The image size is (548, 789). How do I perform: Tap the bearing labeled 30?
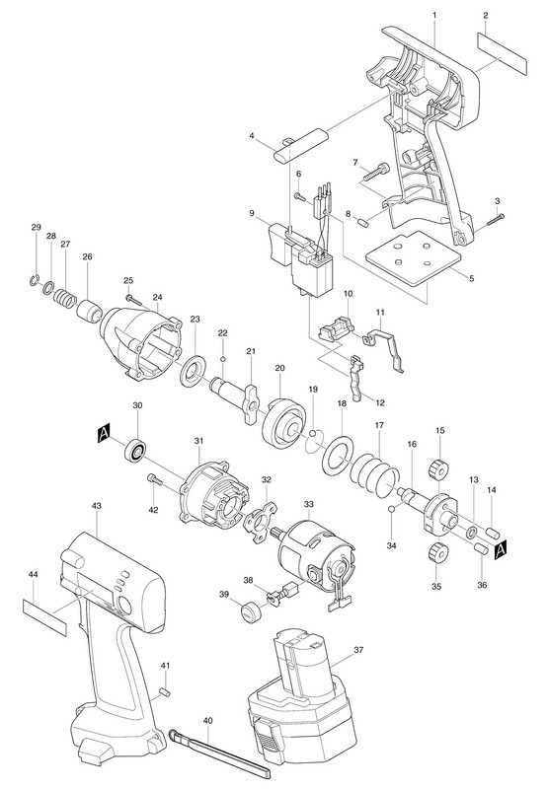(136, 450)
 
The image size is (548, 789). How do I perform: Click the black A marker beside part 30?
(104, 432)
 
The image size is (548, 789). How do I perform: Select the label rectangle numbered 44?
(44, 618)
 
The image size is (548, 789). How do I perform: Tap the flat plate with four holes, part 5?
(414, 258)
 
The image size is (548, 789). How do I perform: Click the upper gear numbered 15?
(438, 471)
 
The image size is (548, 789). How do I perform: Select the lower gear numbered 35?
(438, 552)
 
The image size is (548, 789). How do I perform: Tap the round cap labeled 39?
(250, 611)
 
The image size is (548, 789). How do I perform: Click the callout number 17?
(379, 425)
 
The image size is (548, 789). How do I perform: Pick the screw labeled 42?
(155, 479)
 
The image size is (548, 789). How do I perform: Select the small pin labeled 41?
(164, 692)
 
